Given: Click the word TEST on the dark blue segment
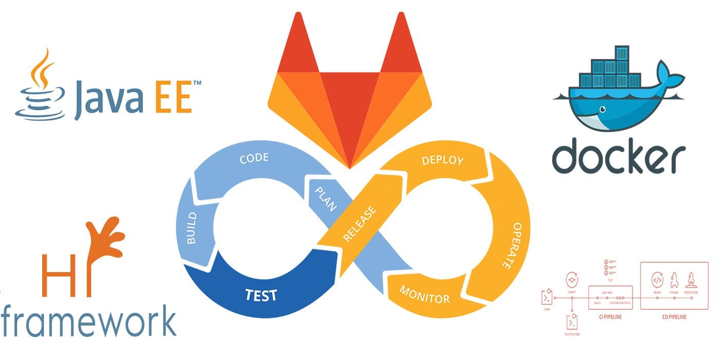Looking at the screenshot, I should (261, 295).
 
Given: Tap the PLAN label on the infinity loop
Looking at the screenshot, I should (325, 199).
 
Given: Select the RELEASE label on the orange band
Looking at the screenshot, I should (359, 224).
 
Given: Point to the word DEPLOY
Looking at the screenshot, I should (442, 160).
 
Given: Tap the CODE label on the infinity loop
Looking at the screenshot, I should (254, 157).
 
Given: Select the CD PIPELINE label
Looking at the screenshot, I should (674, 317).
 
